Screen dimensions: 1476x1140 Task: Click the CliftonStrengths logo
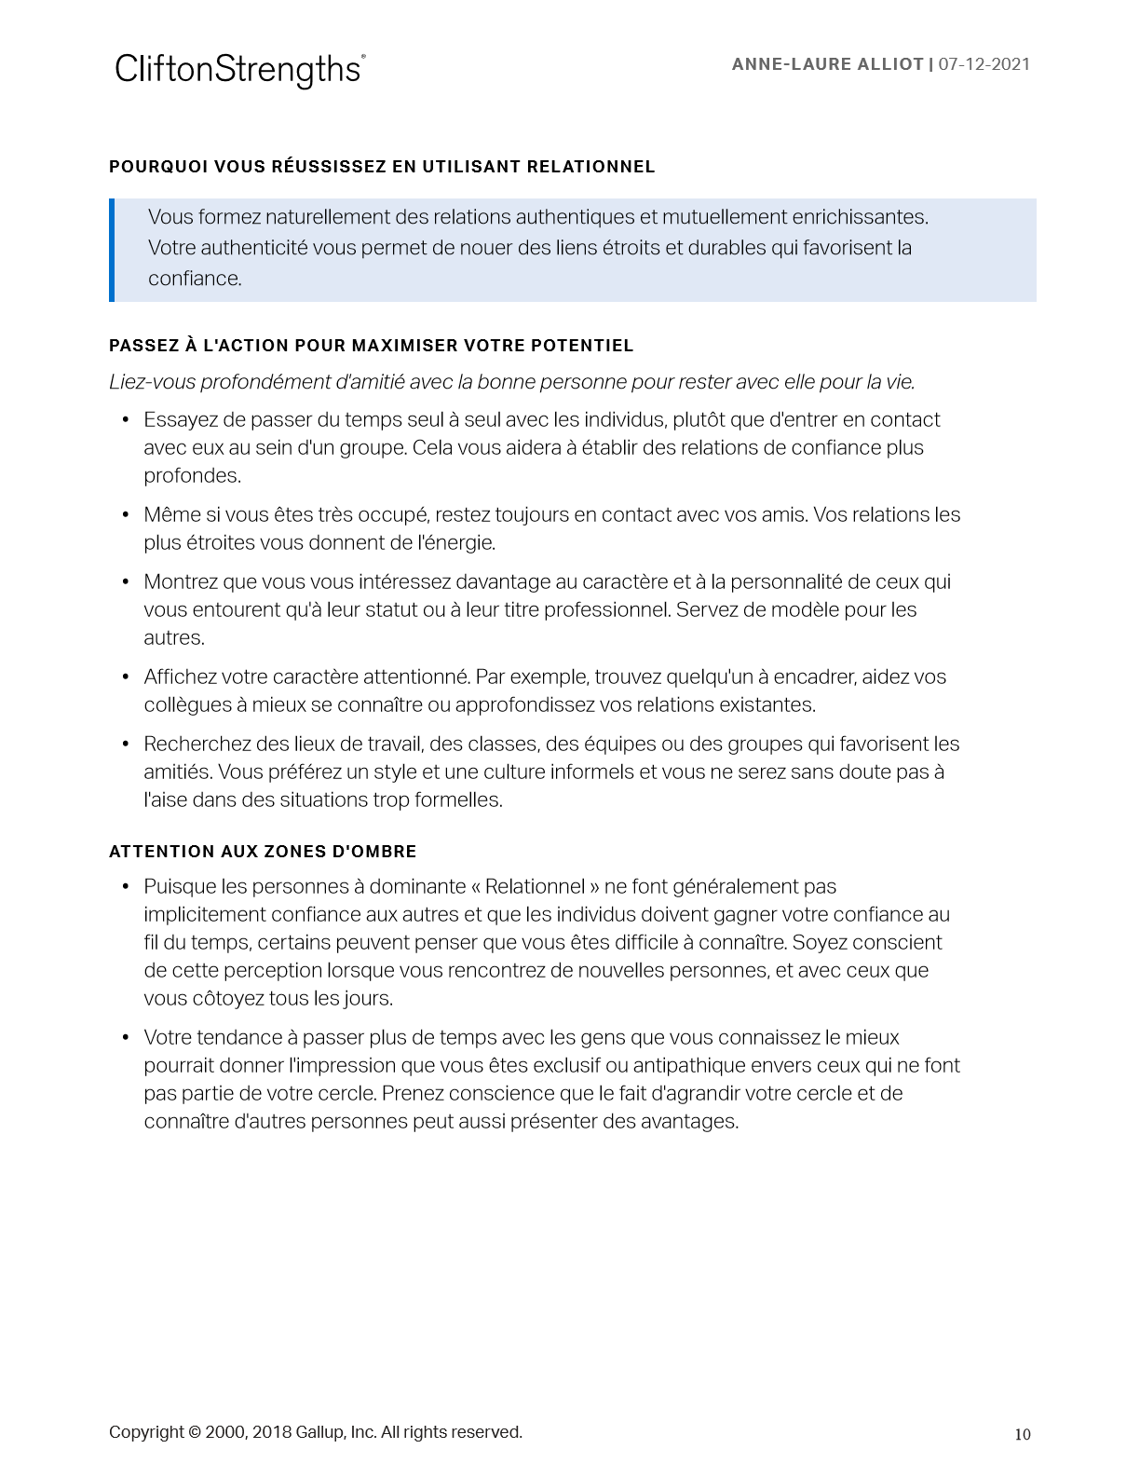[239, 70]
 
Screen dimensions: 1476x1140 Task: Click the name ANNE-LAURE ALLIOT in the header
[827, 64]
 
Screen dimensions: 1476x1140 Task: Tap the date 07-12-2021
[984, 64]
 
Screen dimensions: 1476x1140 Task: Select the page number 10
[1023, 1434]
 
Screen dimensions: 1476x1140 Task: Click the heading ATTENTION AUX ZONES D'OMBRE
[263, 852]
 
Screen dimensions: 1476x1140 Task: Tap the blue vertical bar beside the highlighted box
[112, 250]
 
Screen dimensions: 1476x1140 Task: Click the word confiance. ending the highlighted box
[195, 279]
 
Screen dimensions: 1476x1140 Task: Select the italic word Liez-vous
[147, 382]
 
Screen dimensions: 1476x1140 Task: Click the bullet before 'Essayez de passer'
[126, 420]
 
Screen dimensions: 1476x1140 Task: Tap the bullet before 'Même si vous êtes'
[126, 515]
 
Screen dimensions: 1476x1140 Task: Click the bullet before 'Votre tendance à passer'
[126, 1038]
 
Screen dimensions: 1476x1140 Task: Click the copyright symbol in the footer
[195, 1432]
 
